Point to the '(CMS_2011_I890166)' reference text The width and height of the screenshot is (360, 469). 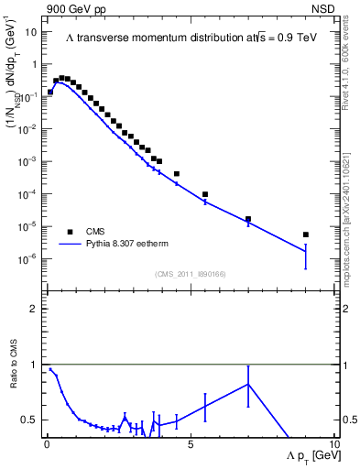[x=191, y=274]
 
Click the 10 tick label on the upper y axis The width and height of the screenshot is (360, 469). [x=30, y=32]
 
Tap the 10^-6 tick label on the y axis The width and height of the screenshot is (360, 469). [x=28, y=258]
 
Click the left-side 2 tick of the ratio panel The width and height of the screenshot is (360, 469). [x=37, y=309]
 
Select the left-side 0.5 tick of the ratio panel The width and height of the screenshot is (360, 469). [x=32, y=420]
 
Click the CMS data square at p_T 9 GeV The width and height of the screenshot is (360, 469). [x=306, y=234]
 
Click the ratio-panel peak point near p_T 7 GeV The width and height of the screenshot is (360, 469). [x=248, y=384]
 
